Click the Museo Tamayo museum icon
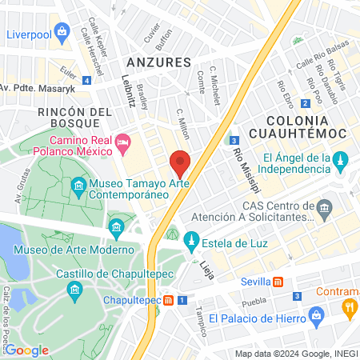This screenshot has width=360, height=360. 79,188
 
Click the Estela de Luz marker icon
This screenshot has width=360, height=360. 191,240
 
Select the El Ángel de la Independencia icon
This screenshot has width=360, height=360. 339,160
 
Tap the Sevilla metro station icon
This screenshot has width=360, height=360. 278,282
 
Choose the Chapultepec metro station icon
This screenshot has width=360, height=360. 169,301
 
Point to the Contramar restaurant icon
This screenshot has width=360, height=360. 349,306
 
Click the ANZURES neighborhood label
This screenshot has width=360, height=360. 158,62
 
